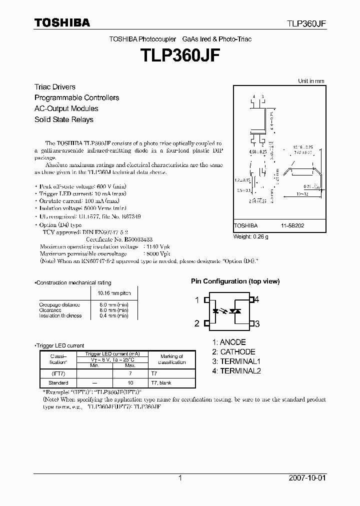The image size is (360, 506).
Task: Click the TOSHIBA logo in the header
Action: coord(62,22)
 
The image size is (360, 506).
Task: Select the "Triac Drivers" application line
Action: coord(55,87)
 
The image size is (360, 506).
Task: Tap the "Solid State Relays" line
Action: coord(63,119)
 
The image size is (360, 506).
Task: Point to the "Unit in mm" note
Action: coord(311,80)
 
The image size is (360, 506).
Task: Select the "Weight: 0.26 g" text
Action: coord(251,236)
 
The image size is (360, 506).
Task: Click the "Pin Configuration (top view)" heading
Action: coord(235,281)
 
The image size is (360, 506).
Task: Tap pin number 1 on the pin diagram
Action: coord(197,300)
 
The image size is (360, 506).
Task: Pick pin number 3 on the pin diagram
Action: coord(257,324)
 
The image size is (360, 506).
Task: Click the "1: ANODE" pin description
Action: coord(229,342)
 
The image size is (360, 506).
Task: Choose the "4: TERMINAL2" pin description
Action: coord(236,371)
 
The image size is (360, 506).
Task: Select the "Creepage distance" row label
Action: coord(59,304)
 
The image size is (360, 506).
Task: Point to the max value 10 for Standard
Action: coord(129,383)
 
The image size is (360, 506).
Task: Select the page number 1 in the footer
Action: coord(180,478)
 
